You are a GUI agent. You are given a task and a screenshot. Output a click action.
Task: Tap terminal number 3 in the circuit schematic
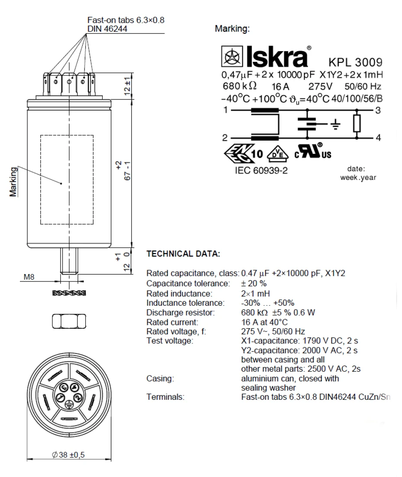point(378,110)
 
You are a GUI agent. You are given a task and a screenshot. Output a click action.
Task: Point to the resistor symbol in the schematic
point(357,124)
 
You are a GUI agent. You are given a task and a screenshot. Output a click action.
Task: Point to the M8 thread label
point(29,277)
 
